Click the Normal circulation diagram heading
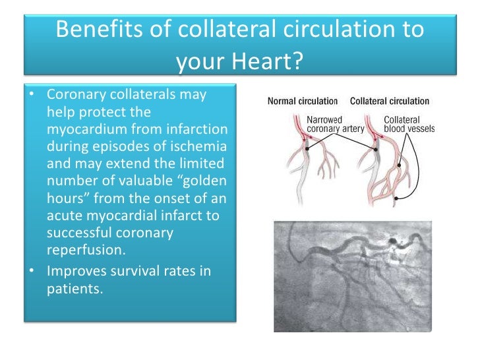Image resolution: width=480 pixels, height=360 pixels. pos(302,102)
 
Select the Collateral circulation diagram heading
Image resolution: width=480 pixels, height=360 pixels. pos(390,102)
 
